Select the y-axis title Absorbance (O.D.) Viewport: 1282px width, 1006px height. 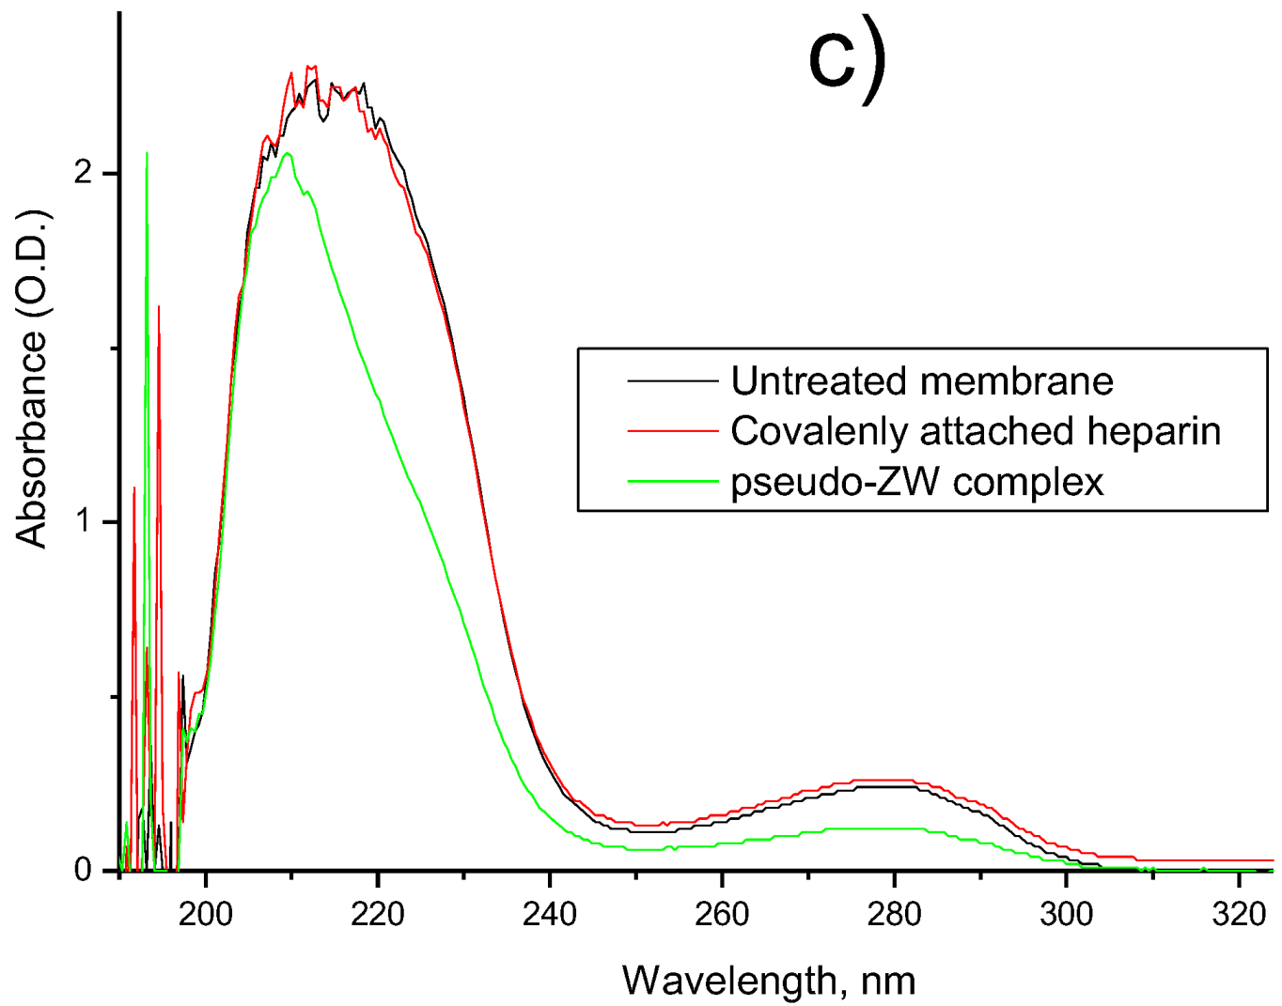[32, 379]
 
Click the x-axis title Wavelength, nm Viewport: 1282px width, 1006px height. [768, 980]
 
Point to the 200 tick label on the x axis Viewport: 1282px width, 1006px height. [206, 913]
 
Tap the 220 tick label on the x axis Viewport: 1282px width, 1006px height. [378, 913]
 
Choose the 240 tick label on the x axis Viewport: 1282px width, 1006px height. [550, 913]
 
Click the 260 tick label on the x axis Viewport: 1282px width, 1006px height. [722, 913]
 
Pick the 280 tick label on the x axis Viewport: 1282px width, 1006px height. [894, 913]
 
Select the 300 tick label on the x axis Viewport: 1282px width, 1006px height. [1066, 913]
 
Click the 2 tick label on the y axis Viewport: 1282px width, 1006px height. [85, 174]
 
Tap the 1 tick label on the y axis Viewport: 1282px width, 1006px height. [85, 522]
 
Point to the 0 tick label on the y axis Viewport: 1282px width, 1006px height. [85, 871]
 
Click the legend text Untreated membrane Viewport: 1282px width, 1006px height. [921, 381]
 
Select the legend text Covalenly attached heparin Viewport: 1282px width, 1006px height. [976, 431]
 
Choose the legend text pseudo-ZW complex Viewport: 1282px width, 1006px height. [916, 482]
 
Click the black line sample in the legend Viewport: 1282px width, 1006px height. [672, 381]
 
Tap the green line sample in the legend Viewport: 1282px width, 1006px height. [672, 481]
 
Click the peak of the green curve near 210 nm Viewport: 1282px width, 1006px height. [289, 154]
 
